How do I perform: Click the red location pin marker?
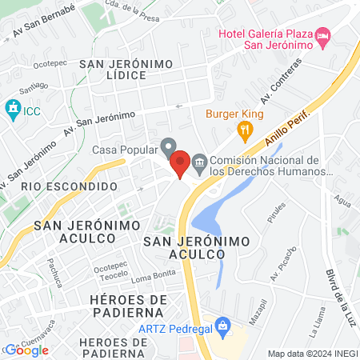coord(180,163)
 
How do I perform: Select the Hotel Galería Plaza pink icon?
coord(322,37)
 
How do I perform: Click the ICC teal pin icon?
coord(12,108)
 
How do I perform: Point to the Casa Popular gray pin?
coord(168,147)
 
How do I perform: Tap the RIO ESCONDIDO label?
coord(58,186)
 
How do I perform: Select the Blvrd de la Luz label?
coord(335,295)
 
